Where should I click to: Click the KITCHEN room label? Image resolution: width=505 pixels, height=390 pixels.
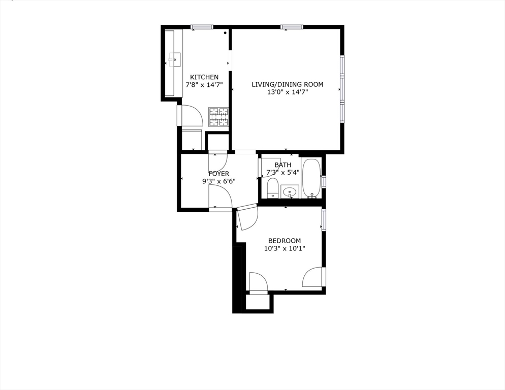(204, 77)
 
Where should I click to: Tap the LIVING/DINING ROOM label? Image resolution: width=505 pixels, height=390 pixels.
(287, 84)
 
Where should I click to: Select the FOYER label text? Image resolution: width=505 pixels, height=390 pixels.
(218, 174)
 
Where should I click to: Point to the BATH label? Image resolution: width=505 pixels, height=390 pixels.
(283, 165)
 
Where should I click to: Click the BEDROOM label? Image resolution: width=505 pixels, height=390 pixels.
(285, 241)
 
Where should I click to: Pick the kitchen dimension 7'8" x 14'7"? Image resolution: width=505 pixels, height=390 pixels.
(204, 85)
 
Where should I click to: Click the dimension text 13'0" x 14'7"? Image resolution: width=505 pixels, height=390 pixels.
(287, 92)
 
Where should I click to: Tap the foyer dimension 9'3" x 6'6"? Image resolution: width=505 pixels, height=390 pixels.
(218, 181)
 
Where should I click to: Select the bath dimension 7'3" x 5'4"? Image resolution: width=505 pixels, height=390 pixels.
(283, 172)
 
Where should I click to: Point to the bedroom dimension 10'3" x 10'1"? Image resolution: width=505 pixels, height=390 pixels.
(285, 249)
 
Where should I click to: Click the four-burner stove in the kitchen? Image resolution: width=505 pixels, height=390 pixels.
(219, 117)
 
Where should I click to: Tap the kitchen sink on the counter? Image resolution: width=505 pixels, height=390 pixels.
(173, 60)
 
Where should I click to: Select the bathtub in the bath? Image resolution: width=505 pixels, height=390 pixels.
(310, 178)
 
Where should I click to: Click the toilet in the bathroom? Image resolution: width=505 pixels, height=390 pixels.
(273, 187)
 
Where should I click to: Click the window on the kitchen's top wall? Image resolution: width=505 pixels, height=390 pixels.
(202, 27)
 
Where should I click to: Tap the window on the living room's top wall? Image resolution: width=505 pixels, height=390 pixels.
(291, 27)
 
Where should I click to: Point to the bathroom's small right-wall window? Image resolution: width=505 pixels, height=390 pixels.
(324, 182)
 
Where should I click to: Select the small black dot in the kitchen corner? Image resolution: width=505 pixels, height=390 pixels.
(225, 33)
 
